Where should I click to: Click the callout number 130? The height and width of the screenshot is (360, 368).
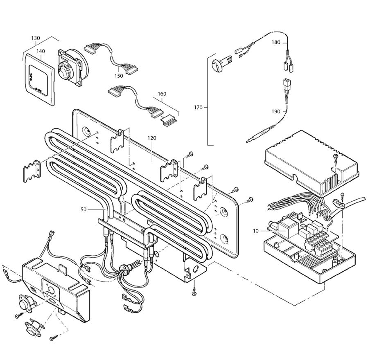point(36,38)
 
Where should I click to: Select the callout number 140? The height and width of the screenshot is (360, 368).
point(41,51)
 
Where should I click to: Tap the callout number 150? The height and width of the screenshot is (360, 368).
point(119,76)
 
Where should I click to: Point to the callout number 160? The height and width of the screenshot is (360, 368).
point(162,94)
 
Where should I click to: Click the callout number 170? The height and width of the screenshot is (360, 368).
point(198,108)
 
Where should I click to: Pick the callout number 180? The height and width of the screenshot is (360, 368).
point(276,43)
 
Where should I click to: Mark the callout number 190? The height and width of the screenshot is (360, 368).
point(276,111)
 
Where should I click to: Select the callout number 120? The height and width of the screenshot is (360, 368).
point(152,138)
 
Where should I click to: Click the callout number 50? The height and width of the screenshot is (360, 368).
point(84,209)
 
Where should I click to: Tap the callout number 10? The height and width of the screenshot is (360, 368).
point(256,231)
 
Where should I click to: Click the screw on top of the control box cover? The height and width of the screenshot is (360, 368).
point(335,157)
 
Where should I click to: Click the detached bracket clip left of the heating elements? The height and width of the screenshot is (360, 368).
point(32,171)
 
